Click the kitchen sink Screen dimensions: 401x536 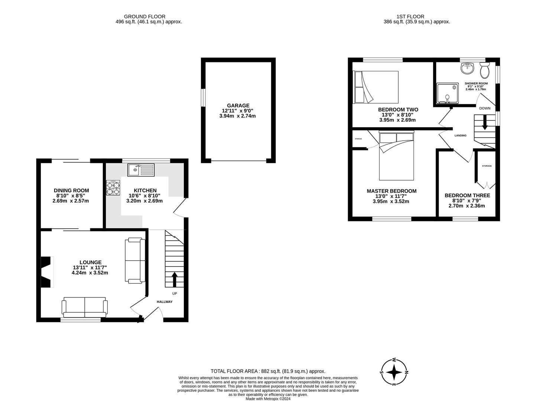[x=141, y=170]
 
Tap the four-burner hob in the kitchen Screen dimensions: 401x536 [x=114, y=188]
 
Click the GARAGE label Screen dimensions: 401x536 [x=238, y=105]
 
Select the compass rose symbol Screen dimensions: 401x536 [x=394, y=372]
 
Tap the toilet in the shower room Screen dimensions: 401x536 [x=484, y=69]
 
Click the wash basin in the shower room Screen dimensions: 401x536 [x=467, y=68]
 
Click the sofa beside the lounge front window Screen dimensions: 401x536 [x=85, y=307]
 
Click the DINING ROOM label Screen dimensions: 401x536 [x=71, y=190]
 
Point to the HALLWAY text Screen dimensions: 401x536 [x=164, y=301]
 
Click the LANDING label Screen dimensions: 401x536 [x=460, y=136]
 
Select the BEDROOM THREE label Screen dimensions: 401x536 [x=467, y=195]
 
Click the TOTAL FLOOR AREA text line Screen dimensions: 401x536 [x=267, y=371]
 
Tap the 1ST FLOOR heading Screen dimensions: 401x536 [x=410, y=16]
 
